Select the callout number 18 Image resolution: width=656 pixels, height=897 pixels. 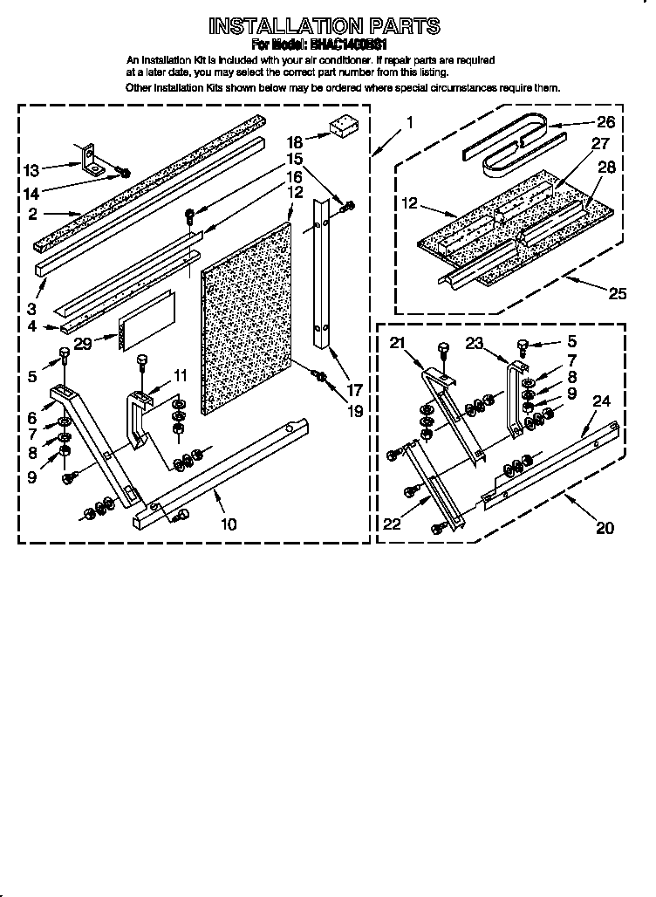click(294, 140)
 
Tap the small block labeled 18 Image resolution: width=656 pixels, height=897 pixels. click(340, 127)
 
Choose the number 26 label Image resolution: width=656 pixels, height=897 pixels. click(605, 122)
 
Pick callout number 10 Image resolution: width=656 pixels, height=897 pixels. click(229, 524)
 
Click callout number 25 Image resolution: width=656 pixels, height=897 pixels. click(618, 294)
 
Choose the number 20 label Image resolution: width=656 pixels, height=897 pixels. click(604, 527)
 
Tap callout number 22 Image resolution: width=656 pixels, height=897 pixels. click(391, 523)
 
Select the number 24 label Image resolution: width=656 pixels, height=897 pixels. click(601, 401)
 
